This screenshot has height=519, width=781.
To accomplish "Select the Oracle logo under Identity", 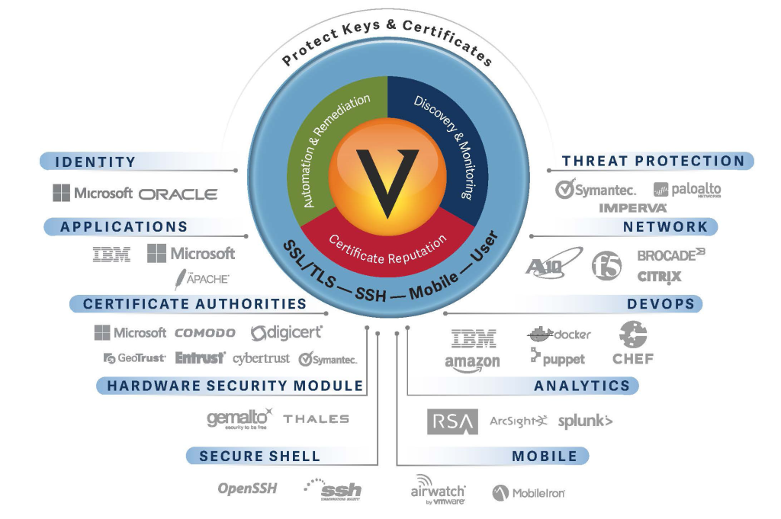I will coord(178,194).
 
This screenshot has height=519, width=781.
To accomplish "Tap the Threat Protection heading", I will coord(653,161).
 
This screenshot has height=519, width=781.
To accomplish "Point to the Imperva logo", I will coord(633,207).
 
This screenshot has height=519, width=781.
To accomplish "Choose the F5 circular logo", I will coord(607,264).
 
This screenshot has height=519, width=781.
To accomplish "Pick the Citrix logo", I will coord(659,276).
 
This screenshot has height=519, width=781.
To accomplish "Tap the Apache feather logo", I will coord(201,278).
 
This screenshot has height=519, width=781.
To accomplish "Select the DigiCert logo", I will coord(287,333).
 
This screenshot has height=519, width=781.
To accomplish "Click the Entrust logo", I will coord(200,357).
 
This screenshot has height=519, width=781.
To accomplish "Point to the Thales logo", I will coord(316,418).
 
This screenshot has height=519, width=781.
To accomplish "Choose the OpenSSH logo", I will coord(247,489).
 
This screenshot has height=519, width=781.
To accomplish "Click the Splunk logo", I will coord(585,421).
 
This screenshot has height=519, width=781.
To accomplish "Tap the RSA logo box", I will coord(452,421).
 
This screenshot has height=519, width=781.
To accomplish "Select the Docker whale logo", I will coord(559,334).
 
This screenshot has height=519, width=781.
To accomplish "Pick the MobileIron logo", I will coord(529,493).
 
